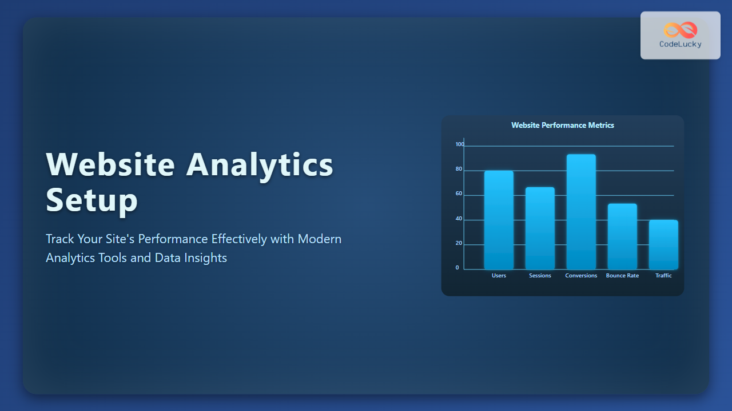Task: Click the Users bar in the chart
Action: pos(499,220)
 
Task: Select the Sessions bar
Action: pos(540,228)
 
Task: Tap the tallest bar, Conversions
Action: pos(581,212)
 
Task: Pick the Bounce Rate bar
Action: pos(622,236)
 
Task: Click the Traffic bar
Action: pos(663,245)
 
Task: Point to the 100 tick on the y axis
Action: pos(460,144)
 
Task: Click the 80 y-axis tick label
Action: pos(459,169)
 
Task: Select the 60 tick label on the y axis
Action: pos(459,194)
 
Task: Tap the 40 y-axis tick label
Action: pos(459,219)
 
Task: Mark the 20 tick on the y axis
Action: pos(459,243)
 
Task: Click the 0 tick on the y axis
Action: pos(457,268)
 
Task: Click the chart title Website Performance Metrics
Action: pos(563,125)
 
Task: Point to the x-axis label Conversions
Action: pos(581,276)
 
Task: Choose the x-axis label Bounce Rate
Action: pos(622,276)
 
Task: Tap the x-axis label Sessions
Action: pos(540,276)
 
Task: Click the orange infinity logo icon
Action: pos(681,30)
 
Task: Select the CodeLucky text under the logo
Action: pos(681,45)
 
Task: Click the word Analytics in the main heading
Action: pos(260,166)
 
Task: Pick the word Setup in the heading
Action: pos(92,200)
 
